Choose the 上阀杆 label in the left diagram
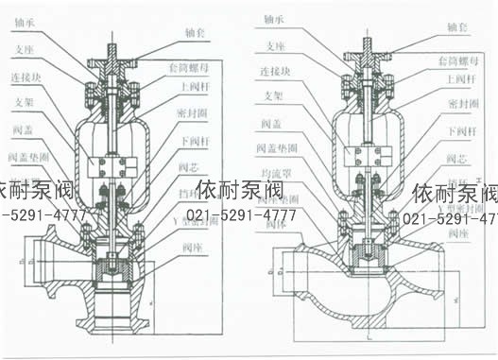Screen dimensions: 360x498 (x=193, y=86)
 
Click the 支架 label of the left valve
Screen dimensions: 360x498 (x=26, y=101)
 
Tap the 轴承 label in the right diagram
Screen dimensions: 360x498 (x=275, y=18)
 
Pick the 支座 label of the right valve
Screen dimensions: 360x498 (x=274, y=44)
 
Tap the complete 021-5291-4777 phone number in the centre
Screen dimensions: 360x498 (x=241, y=215)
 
